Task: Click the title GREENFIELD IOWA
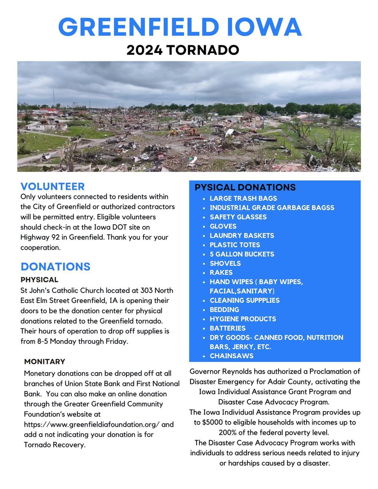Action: click(x=180, y=26)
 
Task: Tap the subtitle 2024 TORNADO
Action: click(x=182, y=50)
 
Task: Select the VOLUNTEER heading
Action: click(x=53, y=186)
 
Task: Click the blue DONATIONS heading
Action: click(x=55, y=267)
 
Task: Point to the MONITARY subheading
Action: click(x=44, y=361)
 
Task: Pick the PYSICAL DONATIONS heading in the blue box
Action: click(x=245, y=187)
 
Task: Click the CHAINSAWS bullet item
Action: click(x=231, y=356)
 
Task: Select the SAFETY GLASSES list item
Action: click(x=238, y=217)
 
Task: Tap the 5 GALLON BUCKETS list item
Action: click(x=242, y=254)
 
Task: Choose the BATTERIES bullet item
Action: click(x=228, y=328)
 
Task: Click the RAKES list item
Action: click(x=221, y=273)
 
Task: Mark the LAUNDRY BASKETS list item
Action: click(x=242, y=236)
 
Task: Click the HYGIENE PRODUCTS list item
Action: click(x=243, y=319)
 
